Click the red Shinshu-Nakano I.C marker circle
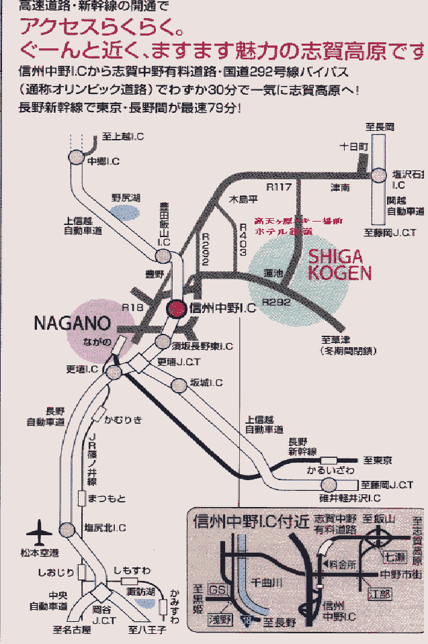175,308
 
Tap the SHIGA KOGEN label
340,265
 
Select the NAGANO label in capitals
67,323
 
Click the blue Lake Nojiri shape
125,213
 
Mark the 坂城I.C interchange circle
179,385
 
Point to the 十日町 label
354,146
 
